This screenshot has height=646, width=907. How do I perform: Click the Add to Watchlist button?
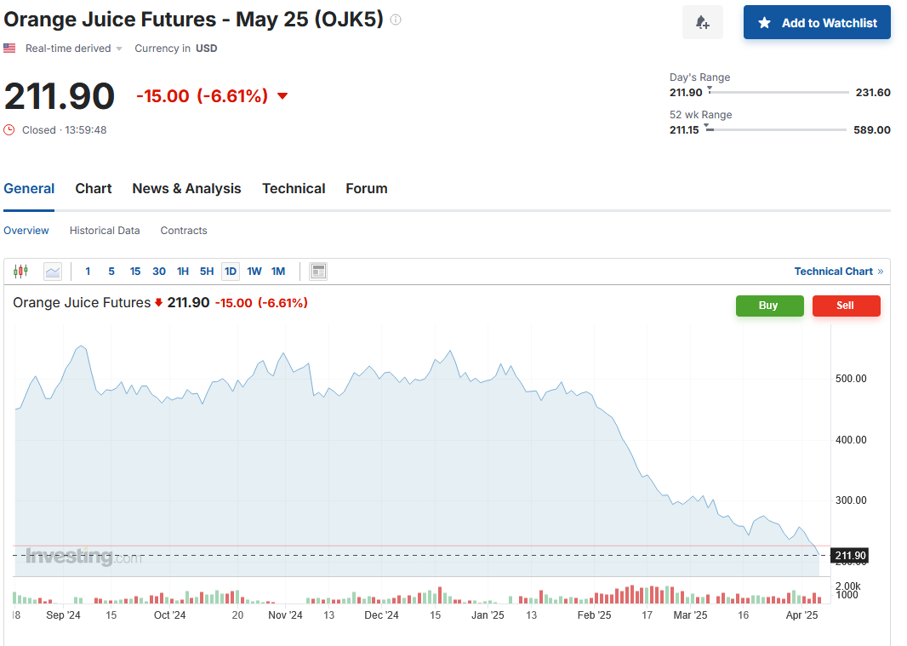[817, 23]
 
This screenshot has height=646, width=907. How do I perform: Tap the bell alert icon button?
[702, 23]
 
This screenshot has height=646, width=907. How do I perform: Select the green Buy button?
[769, 306]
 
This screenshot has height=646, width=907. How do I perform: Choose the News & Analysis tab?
[186, 189]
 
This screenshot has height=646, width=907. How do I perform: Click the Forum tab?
[367, 189]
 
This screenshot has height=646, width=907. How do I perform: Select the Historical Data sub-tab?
[105, 231]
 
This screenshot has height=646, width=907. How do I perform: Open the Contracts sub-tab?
[184, 231]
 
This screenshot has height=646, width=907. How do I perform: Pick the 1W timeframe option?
[254, 272]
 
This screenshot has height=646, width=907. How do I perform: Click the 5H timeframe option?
[207, 272]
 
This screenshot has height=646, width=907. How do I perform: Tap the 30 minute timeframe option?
[159, 272]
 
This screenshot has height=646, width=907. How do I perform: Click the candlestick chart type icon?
[21, 272]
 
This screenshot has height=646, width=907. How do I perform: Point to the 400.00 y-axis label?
[851, 440]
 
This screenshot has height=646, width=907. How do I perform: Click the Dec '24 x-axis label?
[381, 615]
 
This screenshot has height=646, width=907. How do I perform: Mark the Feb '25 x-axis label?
[594, 615]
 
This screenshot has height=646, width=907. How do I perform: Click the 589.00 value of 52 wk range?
[872, 130]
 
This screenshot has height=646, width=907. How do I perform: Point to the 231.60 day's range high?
[873, 93]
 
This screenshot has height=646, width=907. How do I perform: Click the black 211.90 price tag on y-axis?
[850, 557]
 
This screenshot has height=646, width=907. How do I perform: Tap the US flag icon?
[9, 49]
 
